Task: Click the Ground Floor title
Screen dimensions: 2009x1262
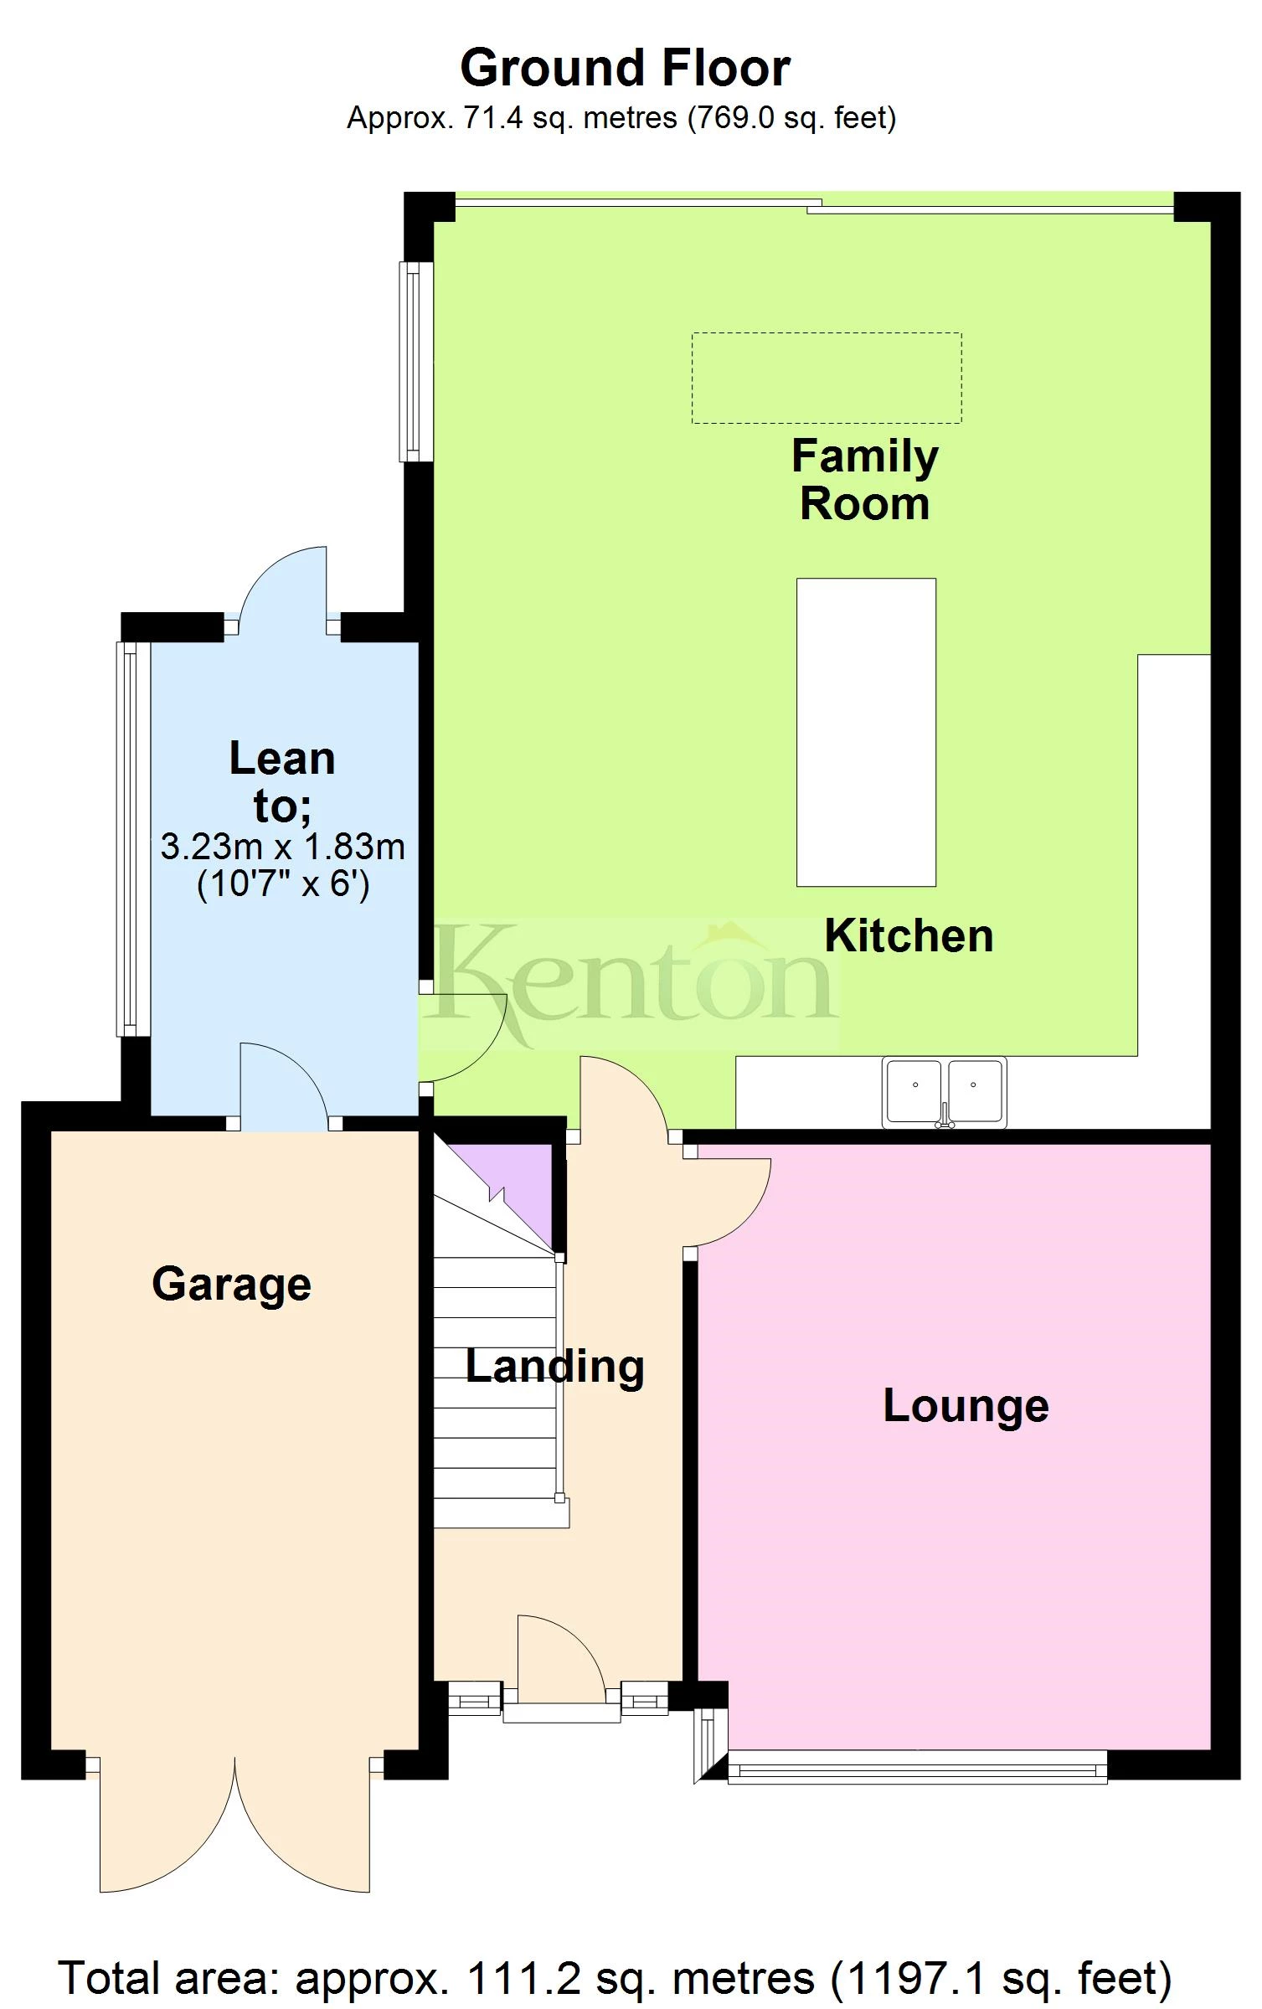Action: click(x=625, y=68)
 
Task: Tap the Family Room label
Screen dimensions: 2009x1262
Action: click(x=864, y=480)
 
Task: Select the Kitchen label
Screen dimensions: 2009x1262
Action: click(x=909, y=935)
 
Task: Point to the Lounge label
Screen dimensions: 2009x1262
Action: click(x=966, y=1405)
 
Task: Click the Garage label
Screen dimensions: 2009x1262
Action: click(x=231, y=1284)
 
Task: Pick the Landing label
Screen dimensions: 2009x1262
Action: click(x=554, y=1366)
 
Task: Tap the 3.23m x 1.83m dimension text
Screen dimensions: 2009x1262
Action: click(x=282, y=847)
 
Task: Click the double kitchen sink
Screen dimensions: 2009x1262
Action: click(x=944, y=1091)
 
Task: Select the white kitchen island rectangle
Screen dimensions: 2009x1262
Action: click(x=866, y=732)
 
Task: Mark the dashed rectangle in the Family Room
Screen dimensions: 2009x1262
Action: click(x=827, y=378)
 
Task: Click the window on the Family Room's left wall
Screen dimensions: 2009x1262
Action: click(x=415, y=362)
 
